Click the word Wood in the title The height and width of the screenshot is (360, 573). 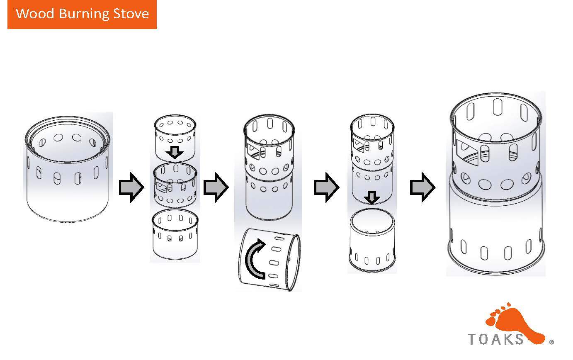click(x=35, y=13)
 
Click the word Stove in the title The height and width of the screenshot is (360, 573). click(x=131, y=14)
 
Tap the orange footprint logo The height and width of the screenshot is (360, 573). click(x=515, y=324)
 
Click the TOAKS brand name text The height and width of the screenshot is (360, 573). click(x=496, y=339)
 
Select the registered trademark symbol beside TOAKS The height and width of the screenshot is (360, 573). click(x=551, y=342)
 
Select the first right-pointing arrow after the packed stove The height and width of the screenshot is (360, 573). click(x=131, y=187)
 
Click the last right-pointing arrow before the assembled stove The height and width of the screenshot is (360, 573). click(x=422, y=187)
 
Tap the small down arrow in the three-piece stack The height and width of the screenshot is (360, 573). click(x=175, y=153)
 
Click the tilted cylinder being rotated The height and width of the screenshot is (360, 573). click(x=270, y=260)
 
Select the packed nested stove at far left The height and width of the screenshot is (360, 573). click(x=68, y=169)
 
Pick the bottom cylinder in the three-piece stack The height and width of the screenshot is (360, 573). click(x=175, y=234)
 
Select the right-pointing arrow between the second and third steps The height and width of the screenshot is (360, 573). click(x=216, y=187)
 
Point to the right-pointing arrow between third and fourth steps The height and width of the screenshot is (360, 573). click(x=327, y=187)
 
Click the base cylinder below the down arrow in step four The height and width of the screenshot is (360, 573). click(x=372, y=240)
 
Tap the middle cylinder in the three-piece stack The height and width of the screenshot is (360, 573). click(x=175, y=185)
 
